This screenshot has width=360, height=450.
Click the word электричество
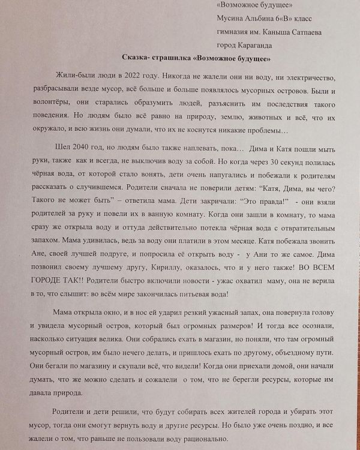click(307, 79)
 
